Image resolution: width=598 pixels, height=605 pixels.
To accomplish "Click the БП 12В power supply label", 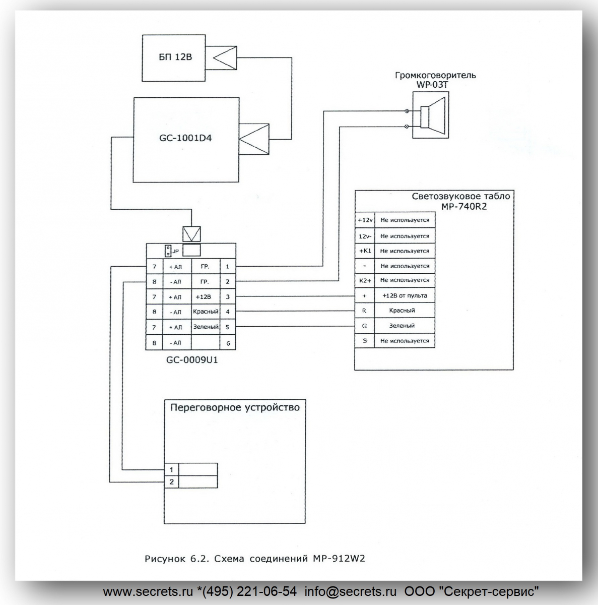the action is click(x=175, y=57).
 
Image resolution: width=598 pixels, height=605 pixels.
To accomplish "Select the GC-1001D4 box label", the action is click(x=185, y=138).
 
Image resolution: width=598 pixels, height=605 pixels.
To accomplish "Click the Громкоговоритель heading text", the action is click(x=435, y=75).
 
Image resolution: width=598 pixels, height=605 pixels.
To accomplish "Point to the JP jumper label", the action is click(x=176, y=251).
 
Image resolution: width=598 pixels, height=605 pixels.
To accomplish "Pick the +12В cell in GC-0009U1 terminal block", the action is click(x=206, y=296).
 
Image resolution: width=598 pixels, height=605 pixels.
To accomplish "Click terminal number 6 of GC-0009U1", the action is click(x=228, y=343).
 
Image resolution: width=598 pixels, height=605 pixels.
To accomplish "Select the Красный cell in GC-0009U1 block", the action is click(x=206, y=312).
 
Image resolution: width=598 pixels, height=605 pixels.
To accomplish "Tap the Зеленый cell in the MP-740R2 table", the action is click(x=405, y=326).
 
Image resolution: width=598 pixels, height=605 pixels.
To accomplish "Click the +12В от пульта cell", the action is click(x=405, y=295).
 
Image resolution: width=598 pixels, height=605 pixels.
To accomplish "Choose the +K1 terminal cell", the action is click(x=365, y=251).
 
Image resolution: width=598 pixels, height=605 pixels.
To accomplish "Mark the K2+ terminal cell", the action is click(x=365, y=280).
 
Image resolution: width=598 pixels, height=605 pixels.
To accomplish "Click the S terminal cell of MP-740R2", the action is click(x=365, y=341).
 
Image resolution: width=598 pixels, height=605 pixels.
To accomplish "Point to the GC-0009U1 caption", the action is click(x=192, y=360).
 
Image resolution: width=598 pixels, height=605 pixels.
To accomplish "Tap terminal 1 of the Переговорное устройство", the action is click(x=172, y=470).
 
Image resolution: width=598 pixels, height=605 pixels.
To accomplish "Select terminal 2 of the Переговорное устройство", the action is click(x=172, y=482).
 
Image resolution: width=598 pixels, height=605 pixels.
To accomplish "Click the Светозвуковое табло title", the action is click(x=460, y=197).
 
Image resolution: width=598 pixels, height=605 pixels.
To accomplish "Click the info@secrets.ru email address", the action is click(x=351, y=591).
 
